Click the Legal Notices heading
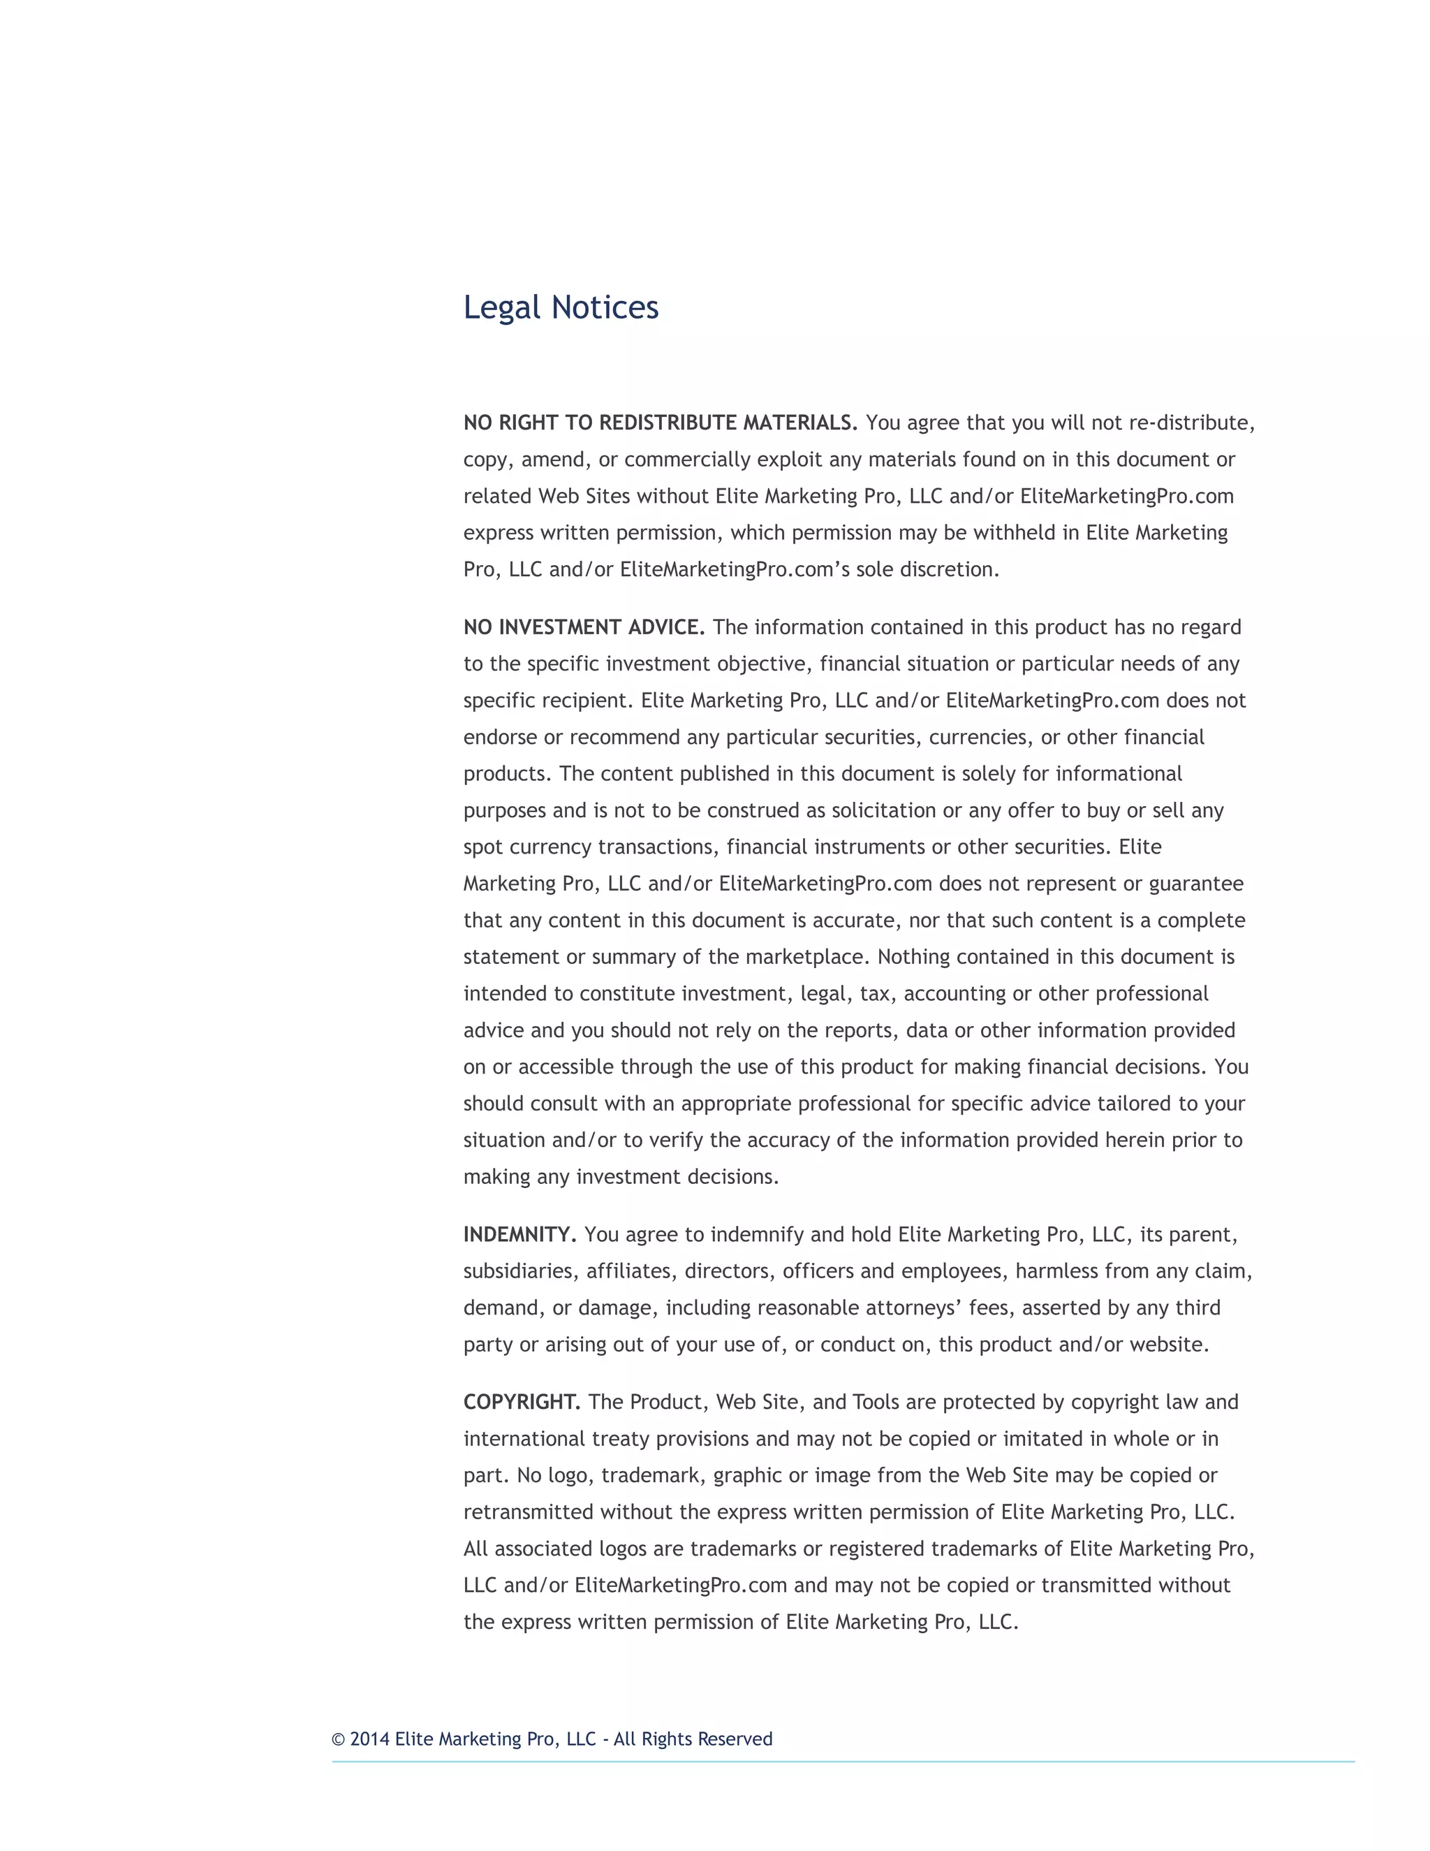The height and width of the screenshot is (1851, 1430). click(560, 307)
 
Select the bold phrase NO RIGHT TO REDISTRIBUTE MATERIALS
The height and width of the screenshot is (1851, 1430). click(660, 423)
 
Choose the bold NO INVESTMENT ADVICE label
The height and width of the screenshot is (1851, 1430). click(584, 627)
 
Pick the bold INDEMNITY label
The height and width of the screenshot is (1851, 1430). click(519, 1235)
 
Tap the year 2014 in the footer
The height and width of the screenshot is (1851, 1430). click(369, 1739)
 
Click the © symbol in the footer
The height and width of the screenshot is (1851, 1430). click(338, 1740)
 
